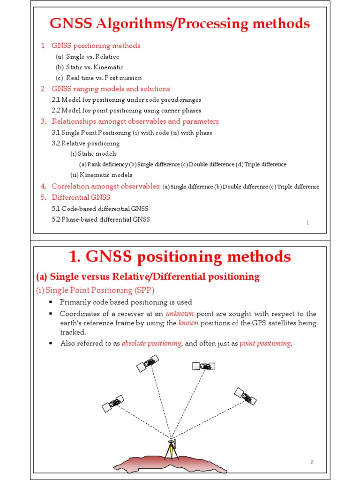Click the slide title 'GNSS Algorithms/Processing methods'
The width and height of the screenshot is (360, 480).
click(x=180, y=23)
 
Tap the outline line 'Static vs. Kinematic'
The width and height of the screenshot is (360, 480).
click(x=94, y=67)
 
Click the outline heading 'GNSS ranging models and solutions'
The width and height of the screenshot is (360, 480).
click(x=111, y=89)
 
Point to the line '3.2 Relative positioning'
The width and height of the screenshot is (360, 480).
click(x=86, y=143)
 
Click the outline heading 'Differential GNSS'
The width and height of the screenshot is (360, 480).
click(x=81, y=197)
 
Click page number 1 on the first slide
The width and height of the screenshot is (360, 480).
click(x=307, y=223)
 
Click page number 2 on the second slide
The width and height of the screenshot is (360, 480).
click(x=312, y=462)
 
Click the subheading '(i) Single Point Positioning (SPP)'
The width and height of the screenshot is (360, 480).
click(x=95, y=290)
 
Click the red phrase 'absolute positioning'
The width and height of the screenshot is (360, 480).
click(x=152, y=343)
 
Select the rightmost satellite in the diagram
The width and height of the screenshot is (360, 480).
click(x=246, y=397)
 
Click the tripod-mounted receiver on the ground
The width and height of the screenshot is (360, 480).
click(x=171, y=449)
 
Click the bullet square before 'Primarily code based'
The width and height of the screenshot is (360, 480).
click(x=50, y=302)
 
